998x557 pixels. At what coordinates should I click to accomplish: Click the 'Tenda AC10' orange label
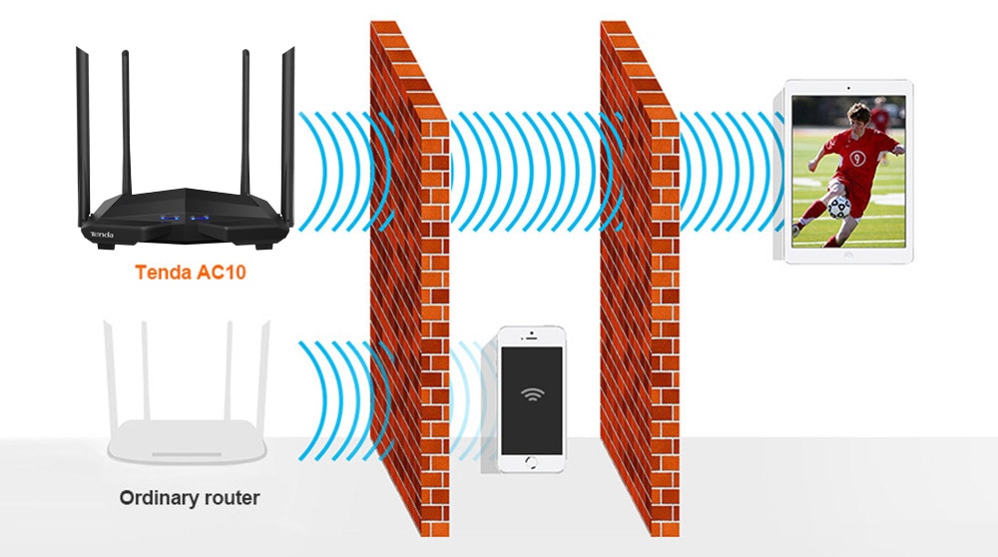pos(191,273)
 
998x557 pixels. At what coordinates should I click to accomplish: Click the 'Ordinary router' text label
pos(189,498)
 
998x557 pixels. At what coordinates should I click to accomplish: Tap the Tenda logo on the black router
pos(102,235)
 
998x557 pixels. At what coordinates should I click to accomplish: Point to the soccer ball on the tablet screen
pos(839,208)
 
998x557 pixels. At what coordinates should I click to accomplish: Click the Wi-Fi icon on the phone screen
pos(532,394)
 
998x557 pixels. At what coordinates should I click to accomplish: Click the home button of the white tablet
pos(847,254)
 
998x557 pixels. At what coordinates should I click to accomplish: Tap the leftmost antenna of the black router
pos(84,136)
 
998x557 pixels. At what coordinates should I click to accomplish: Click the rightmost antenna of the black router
pos(287,136)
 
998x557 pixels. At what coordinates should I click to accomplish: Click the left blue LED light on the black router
pos(169,219)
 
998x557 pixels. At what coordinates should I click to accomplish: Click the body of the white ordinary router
pos(188,440)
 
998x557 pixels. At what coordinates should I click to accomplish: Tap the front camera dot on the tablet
pos(848,88)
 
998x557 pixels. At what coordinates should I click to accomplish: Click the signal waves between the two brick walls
pos(526,171)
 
